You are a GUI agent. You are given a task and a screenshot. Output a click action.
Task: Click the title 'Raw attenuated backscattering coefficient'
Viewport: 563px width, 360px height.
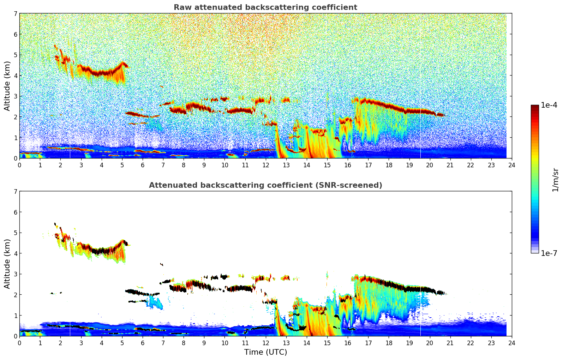coord(265,7)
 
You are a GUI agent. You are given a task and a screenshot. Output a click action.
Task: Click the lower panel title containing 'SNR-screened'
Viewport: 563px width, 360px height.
coord(265,185)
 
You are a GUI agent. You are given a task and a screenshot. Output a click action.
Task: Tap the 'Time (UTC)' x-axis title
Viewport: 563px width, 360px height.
coord(265,352)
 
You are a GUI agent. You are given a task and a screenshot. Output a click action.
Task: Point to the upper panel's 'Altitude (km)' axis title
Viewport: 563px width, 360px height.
coord(7,86)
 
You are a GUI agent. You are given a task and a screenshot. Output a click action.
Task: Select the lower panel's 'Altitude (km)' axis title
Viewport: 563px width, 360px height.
coord(7,264)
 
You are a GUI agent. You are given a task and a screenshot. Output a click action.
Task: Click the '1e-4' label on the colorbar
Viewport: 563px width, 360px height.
coord(549,105)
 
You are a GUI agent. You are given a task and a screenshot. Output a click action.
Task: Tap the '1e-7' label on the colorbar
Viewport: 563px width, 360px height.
coord(549,253)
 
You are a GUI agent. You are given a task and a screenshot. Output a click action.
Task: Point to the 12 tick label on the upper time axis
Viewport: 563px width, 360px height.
coord(265,165)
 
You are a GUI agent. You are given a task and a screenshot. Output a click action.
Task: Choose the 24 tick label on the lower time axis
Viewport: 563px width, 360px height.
coord(511,343)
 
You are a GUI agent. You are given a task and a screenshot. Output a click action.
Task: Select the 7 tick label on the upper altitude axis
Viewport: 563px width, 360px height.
coord(15,14)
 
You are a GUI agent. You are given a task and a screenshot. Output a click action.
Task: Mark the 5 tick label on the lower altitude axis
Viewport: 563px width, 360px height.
coord(15,233)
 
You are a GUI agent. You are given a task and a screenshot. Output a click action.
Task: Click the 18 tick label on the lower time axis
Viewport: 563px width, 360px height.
coord(389,343)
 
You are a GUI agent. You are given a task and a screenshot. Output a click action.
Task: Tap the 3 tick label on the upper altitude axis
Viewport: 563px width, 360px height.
coord(15,96)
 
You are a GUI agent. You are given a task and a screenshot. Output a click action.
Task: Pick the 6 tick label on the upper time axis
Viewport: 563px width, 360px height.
coord(143,165)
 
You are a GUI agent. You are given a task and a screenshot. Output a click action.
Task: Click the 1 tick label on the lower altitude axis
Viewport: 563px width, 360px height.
coord(15,316)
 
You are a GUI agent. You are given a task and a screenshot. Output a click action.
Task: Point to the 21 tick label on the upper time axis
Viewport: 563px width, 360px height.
coord(450,165)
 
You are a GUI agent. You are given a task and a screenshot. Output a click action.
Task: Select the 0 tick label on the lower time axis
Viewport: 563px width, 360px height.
coord(19,343)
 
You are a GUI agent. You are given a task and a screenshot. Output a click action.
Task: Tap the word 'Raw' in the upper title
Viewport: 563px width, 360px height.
coord(181,7)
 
